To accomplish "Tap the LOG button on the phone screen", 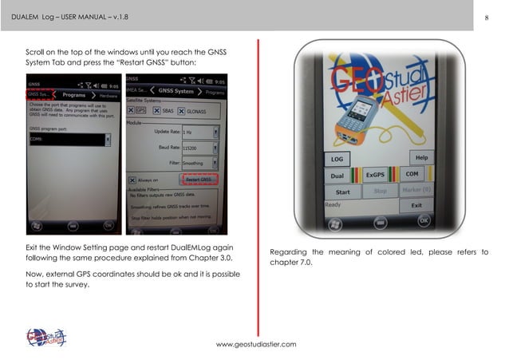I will click(337, 159).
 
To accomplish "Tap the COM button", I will click(412, 174).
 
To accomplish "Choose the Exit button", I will click(416, 205).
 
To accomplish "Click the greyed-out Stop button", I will click(381, 192).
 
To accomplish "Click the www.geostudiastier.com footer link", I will click(257, 344).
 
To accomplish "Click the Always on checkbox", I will click(134, 180).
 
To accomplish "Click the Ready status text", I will click(333, 205).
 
